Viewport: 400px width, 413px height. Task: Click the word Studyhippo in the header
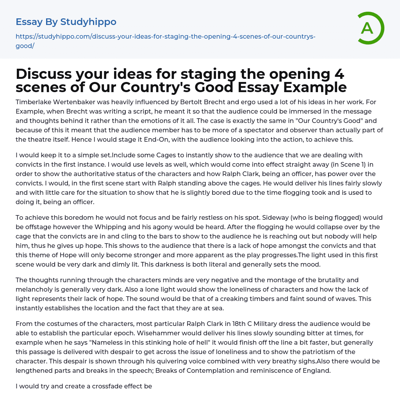pyautogui.click(x=88, y=22)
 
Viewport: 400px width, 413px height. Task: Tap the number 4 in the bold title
pyautogui.click(x=339, y=74)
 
